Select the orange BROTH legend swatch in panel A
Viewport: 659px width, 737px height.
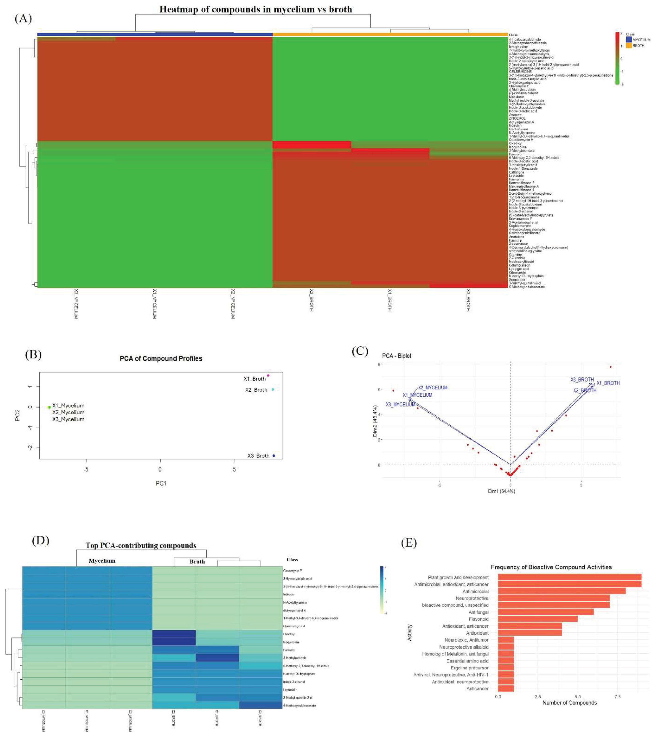[x=629, y=46]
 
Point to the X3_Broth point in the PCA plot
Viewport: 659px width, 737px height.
[x=274, y=456]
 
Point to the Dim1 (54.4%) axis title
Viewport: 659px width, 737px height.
[x=501, y=491]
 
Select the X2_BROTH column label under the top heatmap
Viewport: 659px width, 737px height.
[x=311, y=300]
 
